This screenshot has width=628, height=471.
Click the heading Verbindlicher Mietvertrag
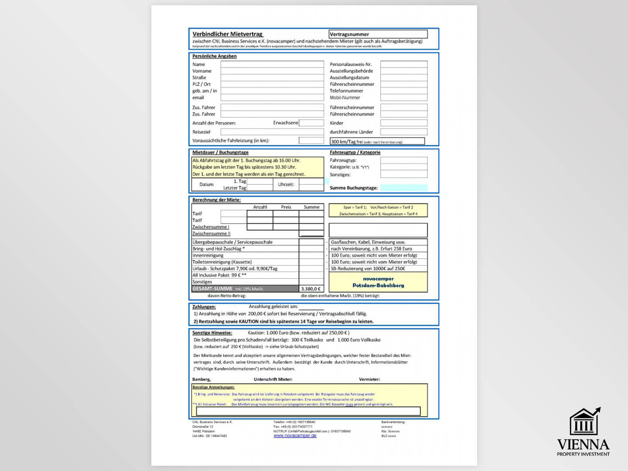coord(228,34)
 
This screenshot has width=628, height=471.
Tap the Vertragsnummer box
coord(378,34)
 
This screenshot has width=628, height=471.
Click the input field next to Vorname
coord(272,71)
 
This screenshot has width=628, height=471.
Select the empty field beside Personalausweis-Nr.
coord(403,64)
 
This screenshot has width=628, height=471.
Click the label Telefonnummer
coord(346,91)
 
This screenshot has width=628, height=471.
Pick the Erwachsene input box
coord(311,123)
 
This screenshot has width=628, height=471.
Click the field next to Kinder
coord(403,123)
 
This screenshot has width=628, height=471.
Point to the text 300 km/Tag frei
coord(347,142)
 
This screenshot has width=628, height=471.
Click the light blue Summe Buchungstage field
coord(403,188)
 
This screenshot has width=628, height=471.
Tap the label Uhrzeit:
coord(286,184)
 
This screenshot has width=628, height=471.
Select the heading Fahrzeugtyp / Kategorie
coord(355,153)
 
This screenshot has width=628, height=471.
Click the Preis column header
coord(286,207)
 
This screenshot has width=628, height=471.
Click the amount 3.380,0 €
coord(311,289)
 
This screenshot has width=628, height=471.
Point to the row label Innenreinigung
coord(208,256)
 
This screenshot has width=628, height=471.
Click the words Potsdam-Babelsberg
coord(378,285)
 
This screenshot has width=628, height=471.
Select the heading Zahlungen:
coord(204,307)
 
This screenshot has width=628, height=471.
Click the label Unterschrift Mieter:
coord(273,379)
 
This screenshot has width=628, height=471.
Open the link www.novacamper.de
coord(295,436)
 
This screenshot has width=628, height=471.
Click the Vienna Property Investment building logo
coord(584,422)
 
